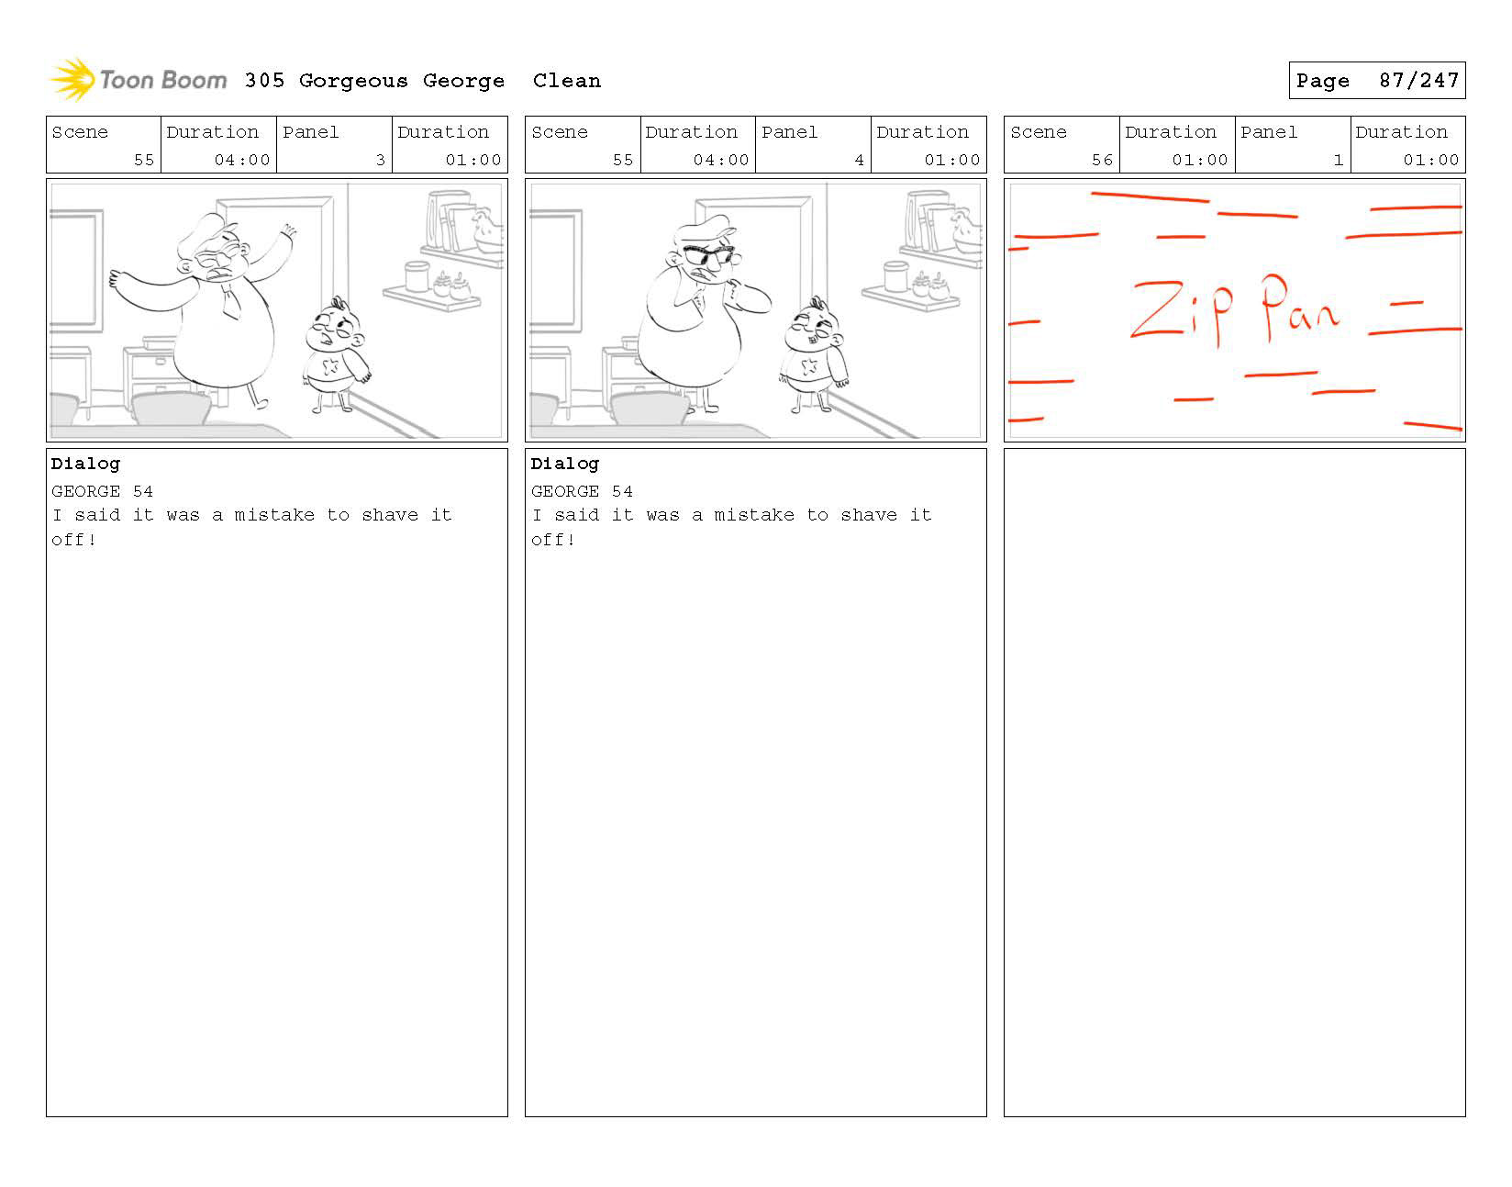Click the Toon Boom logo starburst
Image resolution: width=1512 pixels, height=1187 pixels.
[72, 79]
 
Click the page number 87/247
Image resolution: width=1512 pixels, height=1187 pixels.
[1418, 81]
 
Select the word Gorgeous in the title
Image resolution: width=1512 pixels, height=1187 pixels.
[353, 82]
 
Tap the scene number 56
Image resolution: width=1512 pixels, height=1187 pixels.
[1102, 160]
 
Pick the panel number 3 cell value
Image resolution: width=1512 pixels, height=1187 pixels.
[380, 160]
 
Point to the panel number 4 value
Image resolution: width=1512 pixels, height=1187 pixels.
[859, 160]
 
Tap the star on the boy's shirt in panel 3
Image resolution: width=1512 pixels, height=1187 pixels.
[330, 366]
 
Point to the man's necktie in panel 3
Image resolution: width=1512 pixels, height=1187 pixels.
[231, 301]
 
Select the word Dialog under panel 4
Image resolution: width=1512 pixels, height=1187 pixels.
[564, 464]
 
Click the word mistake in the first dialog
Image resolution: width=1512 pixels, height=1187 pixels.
[274, 515]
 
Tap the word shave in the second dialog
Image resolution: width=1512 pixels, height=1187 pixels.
[869, 515]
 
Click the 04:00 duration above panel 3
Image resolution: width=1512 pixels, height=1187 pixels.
[242, 160]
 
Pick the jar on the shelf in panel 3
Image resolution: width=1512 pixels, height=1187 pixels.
[417, 276]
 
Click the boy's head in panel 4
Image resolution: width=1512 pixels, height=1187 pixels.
[814, 327]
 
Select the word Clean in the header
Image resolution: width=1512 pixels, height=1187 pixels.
[566, 81]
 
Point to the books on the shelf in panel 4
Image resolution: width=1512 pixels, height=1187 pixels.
[928, 221]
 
